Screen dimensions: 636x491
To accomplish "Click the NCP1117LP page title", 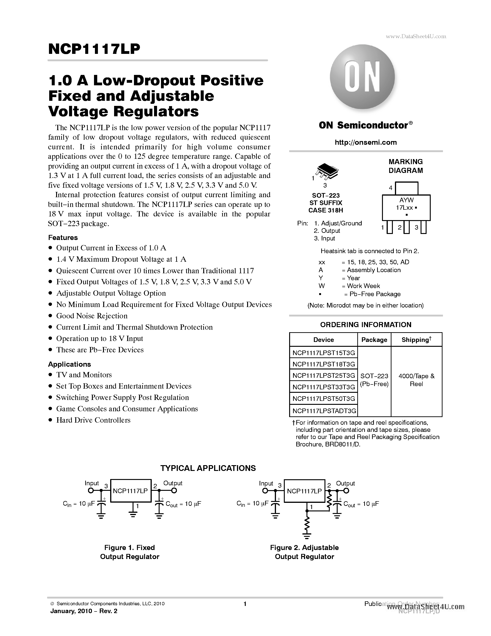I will click(x=94, y=49).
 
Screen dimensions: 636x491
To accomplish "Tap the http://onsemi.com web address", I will click(x=366, y=142).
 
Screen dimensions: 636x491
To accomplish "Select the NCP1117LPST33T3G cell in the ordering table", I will click(x=324, y=387).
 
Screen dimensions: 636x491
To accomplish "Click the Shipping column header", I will click(x=416, y=340).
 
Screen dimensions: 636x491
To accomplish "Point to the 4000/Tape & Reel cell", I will click(x=416, y=380).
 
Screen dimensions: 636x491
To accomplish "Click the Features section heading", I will click(x=63, y=238).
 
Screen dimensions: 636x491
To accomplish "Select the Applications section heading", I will click(x=69, y=364).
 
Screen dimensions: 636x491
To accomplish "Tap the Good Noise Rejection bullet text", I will click(x=92, y=316).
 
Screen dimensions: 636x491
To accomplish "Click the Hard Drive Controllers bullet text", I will click(x=93, y=420).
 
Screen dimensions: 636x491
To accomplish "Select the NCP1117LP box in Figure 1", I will click(x=131, y=491).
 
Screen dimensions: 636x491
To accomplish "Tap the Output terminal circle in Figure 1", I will click(x=174, y=491).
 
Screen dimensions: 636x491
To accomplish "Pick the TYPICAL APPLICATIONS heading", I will click(x=208, y=468).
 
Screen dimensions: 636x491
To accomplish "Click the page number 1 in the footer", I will click(x=245, y=604).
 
